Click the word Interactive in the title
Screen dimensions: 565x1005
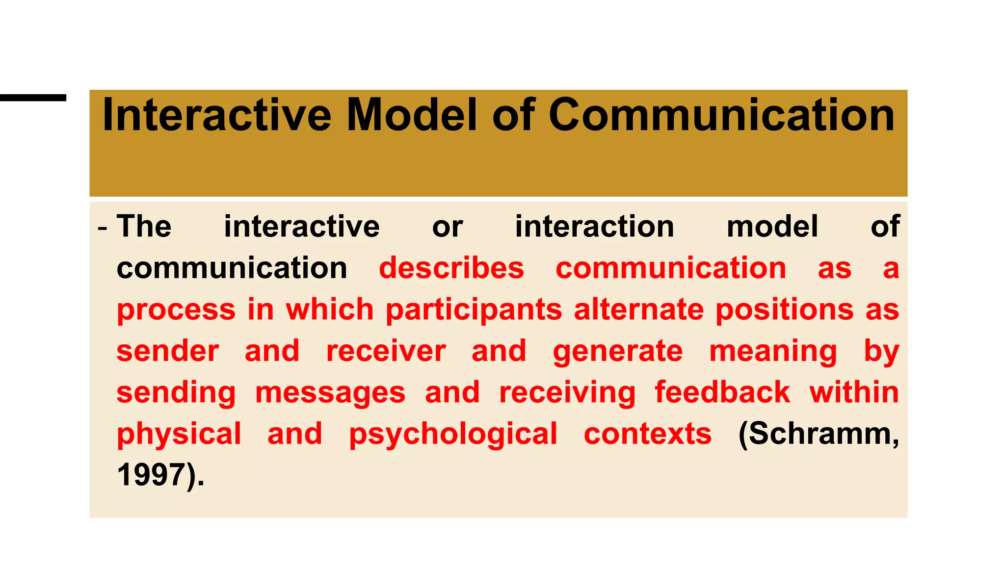pos(216,115)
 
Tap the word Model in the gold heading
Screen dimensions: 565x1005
pos(412,115)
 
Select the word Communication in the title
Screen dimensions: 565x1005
pos(722,115)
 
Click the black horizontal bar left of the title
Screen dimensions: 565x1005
pos(33,98)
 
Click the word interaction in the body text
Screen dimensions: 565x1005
pos(594,227)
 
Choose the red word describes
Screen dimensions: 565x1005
pos(451,268)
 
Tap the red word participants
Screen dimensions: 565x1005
pos(474,310)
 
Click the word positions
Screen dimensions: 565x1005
pos(784,310)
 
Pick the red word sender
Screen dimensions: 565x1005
pos(168,351)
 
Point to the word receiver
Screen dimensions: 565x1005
pos(386,351)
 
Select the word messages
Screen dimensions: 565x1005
pos(330,393)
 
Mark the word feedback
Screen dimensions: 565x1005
pos(722,392)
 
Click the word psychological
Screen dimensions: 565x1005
pos(453,435)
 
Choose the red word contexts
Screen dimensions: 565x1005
pos(647,434)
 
